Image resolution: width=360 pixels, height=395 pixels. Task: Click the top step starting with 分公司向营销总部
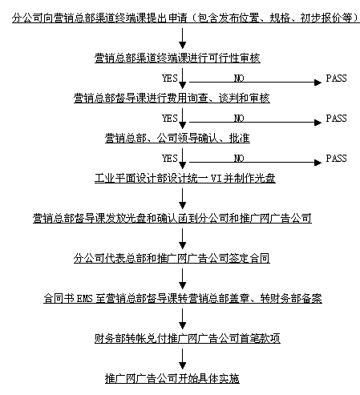point(186,18)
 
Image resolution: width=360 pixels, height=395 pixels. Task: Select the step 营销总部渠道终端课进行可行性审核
point(177,58)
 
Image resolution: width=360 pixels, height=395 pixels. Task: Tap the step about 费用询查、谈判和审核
point(172,98)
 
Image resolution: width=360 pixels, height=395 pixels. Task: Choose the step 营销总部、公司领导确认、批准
point(177,138)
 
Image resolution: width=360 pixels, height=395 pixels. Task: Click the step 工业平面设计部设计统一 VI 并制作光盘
point(185,178)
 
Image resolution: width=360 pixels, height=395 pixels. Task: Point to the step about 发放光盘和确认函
point(172,218)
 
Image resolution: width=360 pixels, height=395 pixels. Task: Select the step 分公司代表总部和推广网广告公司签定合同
point(172,258)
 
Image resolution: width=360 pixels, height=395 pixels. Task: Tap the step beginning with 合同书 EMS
point(183,298)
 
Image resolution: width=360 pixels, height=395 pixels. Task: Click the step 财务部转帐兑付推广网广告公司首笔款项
point(188,338)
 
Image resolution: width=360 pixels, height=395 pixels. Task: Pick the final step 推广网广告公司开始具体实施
point(172,378)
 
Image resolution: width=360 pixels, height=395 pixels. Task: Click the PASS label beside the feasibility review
point(336,79)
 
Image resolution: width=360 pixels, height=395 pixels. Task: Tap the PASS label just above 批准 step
point(336,119)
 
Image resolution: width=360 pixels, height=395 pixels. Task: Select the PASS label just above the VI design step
point(336,159)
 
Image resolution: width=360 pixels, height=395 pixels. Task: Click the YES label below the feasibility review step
point(170,79)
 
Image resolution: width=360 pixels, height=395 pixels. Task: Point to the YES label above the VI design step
point(170,159)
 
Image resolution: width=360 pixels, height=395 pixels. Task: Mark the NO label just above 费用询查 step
point(239,79)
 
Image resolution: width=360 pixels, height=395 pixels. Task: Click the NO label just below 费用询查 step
point(239,119)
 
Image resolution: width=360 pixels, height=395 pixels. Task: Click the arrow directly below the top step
point(183,38)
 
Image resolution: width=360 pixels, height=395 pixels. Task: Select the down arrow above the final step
point(183,359)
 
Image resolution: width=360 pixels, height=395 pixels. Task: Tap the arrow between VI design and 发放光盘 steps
point(183,199)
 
